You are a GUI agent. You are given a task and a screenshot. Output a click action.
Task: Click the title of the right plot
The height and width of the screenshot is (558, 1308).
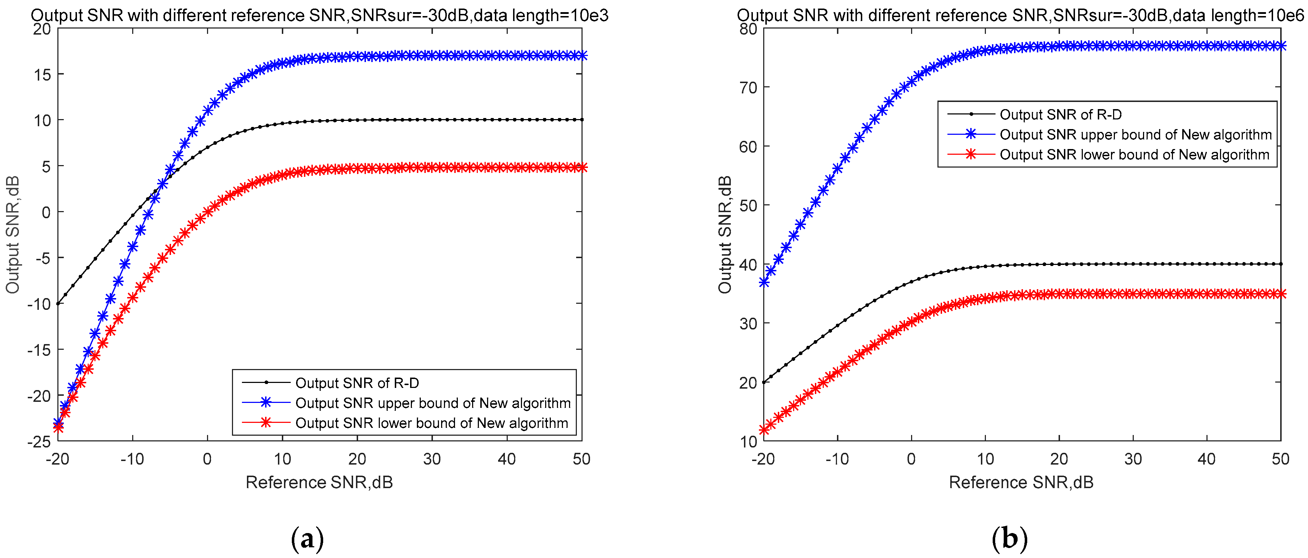1020,15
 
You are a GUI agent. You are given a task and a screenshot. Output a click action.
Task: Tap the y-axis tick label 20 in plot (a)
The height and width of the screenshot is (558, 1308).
42,29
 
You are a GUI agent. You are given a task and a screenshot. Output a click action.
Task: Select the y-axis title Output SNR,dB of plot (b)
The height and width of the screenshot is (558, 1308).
725,234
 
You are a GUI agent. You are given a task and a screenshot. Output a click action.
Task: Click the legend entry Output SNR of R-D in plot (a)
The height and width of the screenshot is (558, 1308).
357,383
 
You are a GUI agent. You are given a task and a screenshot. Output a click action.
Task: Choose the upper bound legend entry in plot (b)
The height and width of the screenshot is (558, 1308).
1135,135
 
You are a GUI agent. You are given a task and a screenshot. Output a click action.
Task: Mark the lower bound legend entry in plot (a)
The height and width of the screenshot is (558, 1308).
431,423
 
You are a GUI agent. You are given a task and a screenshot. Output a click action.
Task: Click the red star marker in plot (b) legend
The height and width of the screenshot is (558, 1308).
970,154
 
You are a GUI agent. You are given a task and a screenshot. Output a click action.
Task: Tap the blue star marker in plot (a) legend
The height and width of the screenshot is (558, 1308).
265,403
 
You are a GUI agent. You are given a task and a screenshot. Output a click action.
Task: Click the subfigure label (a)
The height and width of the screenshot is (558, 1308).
307,539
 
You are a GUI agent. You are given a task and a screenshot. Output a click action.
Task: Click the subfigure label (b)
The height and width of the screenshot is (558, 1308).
1009,539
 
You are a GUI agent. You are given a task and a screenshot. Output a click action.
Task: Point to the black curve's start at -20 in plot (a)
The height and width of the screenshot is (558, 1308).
58,304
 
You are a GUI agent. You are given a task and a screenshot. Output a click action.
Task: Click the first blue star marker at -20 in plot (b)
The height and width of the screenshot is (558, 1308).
764,282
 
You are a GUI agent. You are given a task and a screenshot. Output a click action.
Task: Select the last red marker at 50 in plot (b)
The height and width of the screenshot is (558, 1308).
1281,294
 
